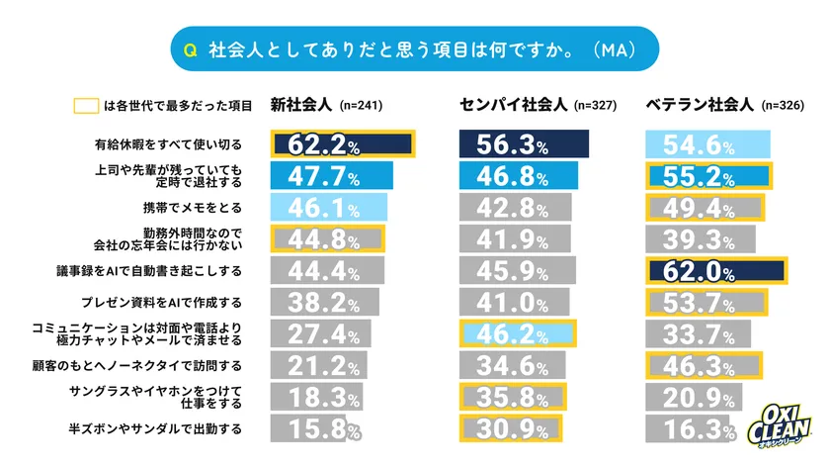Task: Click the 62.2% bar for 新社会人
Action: [342, 144]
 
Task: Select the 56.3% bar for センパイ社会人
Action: [524, 144]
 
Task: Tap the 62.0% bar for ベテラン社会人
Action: [716, 270]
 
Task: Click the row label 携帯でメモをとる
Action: [194, 208]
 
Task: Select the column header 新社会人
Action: [302, 104]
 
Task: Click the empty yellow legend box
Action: [87, 105]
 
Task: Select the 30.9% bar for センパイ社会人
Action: [510, 430]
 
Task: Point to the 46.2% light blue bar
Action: [518, 333]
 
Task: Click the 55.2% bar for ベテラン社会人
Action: [708, 176]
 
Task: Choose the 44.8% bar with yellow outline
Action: [328, 238]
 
